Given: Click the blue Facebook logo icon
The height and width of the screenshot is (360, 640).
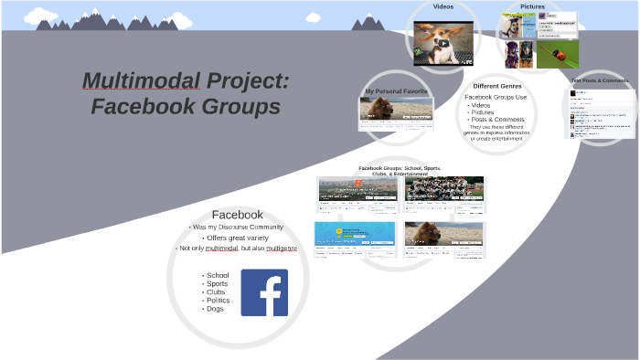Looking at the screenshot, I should tap(264, 292).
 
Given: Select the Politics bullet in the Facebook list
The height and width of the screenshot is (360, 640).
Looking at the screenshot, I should tap(218, 301).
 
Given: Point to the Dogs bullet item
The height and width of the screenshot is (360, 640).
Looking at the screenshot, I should tap(215, 309).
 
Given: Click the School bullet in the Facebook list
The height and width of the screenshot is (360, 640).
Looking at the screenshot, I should tap(218, 275).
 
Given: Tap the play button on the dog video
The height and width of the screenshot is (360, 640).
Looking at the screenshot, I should tap(443, 43).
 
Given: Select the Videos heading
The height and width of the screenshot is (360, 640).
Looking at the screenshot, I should tap(443, 6).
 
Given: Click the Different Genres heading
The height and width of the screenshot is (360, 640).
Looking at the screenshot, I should tap(496, 86).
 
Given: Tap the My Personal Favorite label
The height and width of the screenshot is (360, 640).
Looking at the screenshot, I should tap(395, 91).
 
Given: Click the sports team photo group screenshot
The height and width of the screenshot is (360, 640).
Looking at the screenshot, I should tap(444, 189).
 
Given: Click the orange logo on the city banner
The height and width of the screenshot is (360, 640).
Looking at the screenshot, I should tap(359, 184).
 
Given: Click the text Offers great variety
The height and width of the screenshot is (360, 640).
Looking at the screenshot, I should tap(239, 238).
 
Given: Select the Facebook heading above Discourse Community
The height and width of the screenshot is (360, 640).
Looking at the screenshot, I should tap(238, 215).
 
